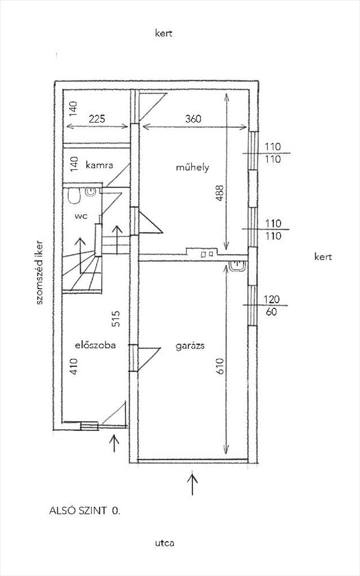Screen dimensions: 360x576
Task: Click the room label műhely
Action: click(192, 168)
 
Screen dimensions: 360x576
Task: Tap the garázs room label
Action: click(190, 346)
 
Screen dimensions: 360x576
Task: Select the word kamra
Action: click(99, 165)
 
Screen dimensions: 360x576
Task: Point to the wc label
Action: click(81, 217)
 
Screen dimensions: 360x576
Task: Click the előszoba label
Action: click(96, 345)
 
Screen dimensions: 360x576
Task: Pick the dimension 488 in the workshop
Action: click(219, 192)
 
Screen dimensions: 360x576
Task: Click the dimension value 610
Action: click(221, 366)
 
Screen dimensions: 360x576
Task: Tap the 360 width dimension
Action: click(193, 119)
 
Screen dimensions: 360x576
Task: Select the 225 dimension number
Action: click(97, 119)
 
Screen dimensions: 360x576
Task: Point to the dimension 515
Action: click(116, 319)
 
